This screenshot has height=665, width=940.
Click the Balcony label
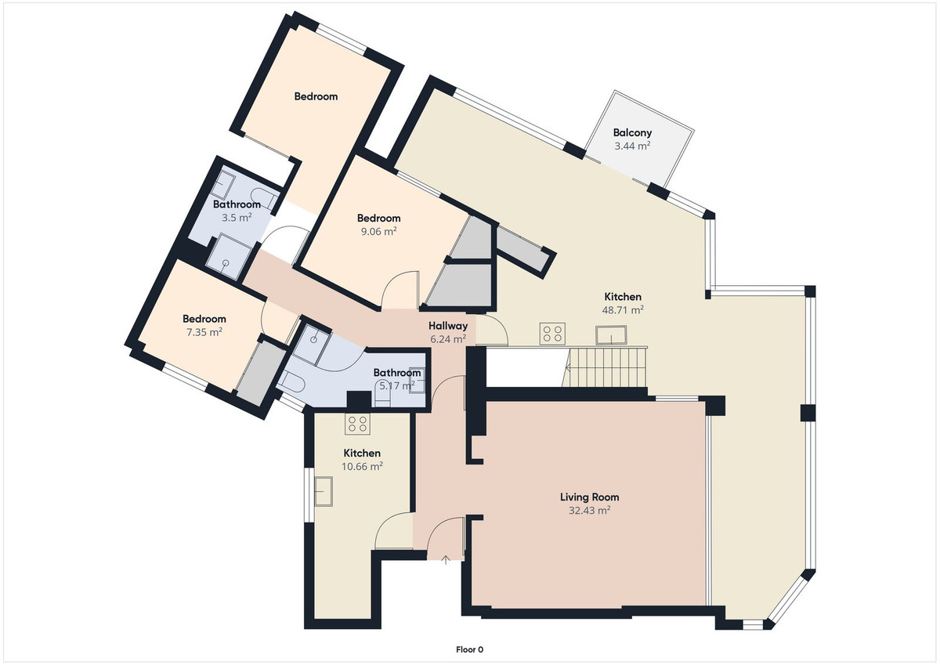(x=632, y=133)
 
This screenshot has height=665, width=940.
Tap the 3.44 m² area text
(x=632, y=146)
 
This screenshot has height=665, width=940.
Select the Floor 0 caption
(x=470, y=649)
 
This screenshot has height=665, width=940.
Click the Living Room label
(x=589, y=497)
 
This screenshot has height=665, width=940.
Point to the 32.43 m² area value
(x=589, y=510)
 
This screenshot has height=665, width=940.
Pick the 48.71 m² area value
(x=623, y=310)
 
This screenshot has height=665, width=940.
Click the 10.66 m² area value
(x=362, y=467)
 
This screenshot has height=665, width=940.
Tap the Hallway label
(x=448, y=326)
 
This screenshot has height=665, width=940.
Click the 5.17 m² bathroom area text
(x=396, y=385)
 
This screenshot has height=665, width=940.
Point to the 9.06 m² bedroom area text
(x=378, y=231)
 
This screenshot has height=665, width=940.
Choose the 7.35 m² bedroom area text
(x=204, y=332)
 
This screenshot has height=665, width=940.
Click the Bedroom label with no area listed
(x=316, y=96)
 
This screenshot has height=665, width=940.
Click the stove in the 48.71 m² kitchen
(x=553, y=334)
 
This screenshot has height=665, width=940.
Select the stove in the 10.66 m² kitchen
(x=358, y=424)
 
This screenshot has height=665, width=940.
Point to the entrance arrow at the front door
(x=446, y=559)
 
